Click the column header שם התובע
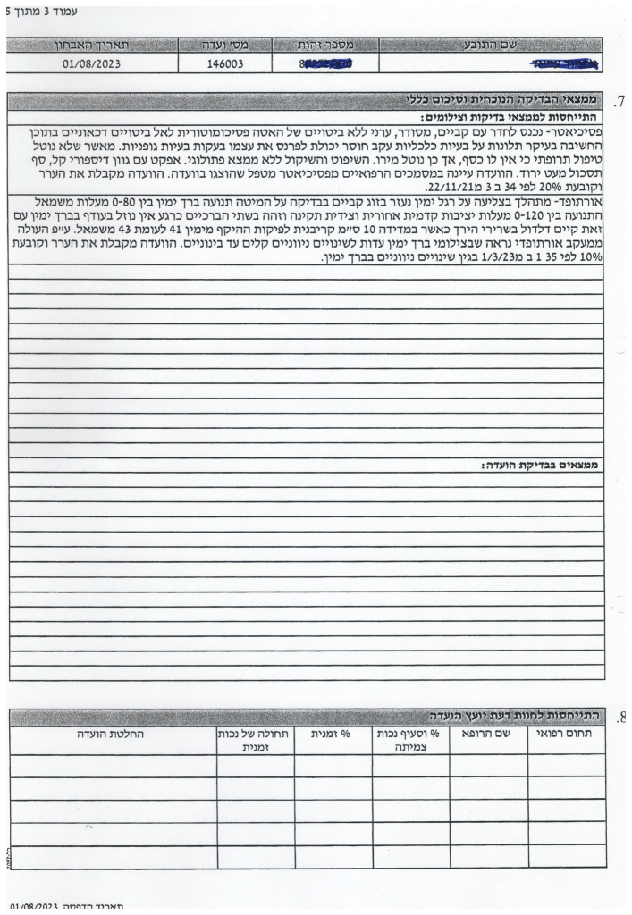coord(490,44)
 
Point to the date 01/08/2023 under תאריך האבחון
coord(92,64)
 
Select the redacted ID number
coord(326,64)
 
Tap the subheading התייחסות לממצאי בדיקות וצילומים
coord(510,117)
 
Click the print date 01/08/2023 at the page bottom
coord(35,907)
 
